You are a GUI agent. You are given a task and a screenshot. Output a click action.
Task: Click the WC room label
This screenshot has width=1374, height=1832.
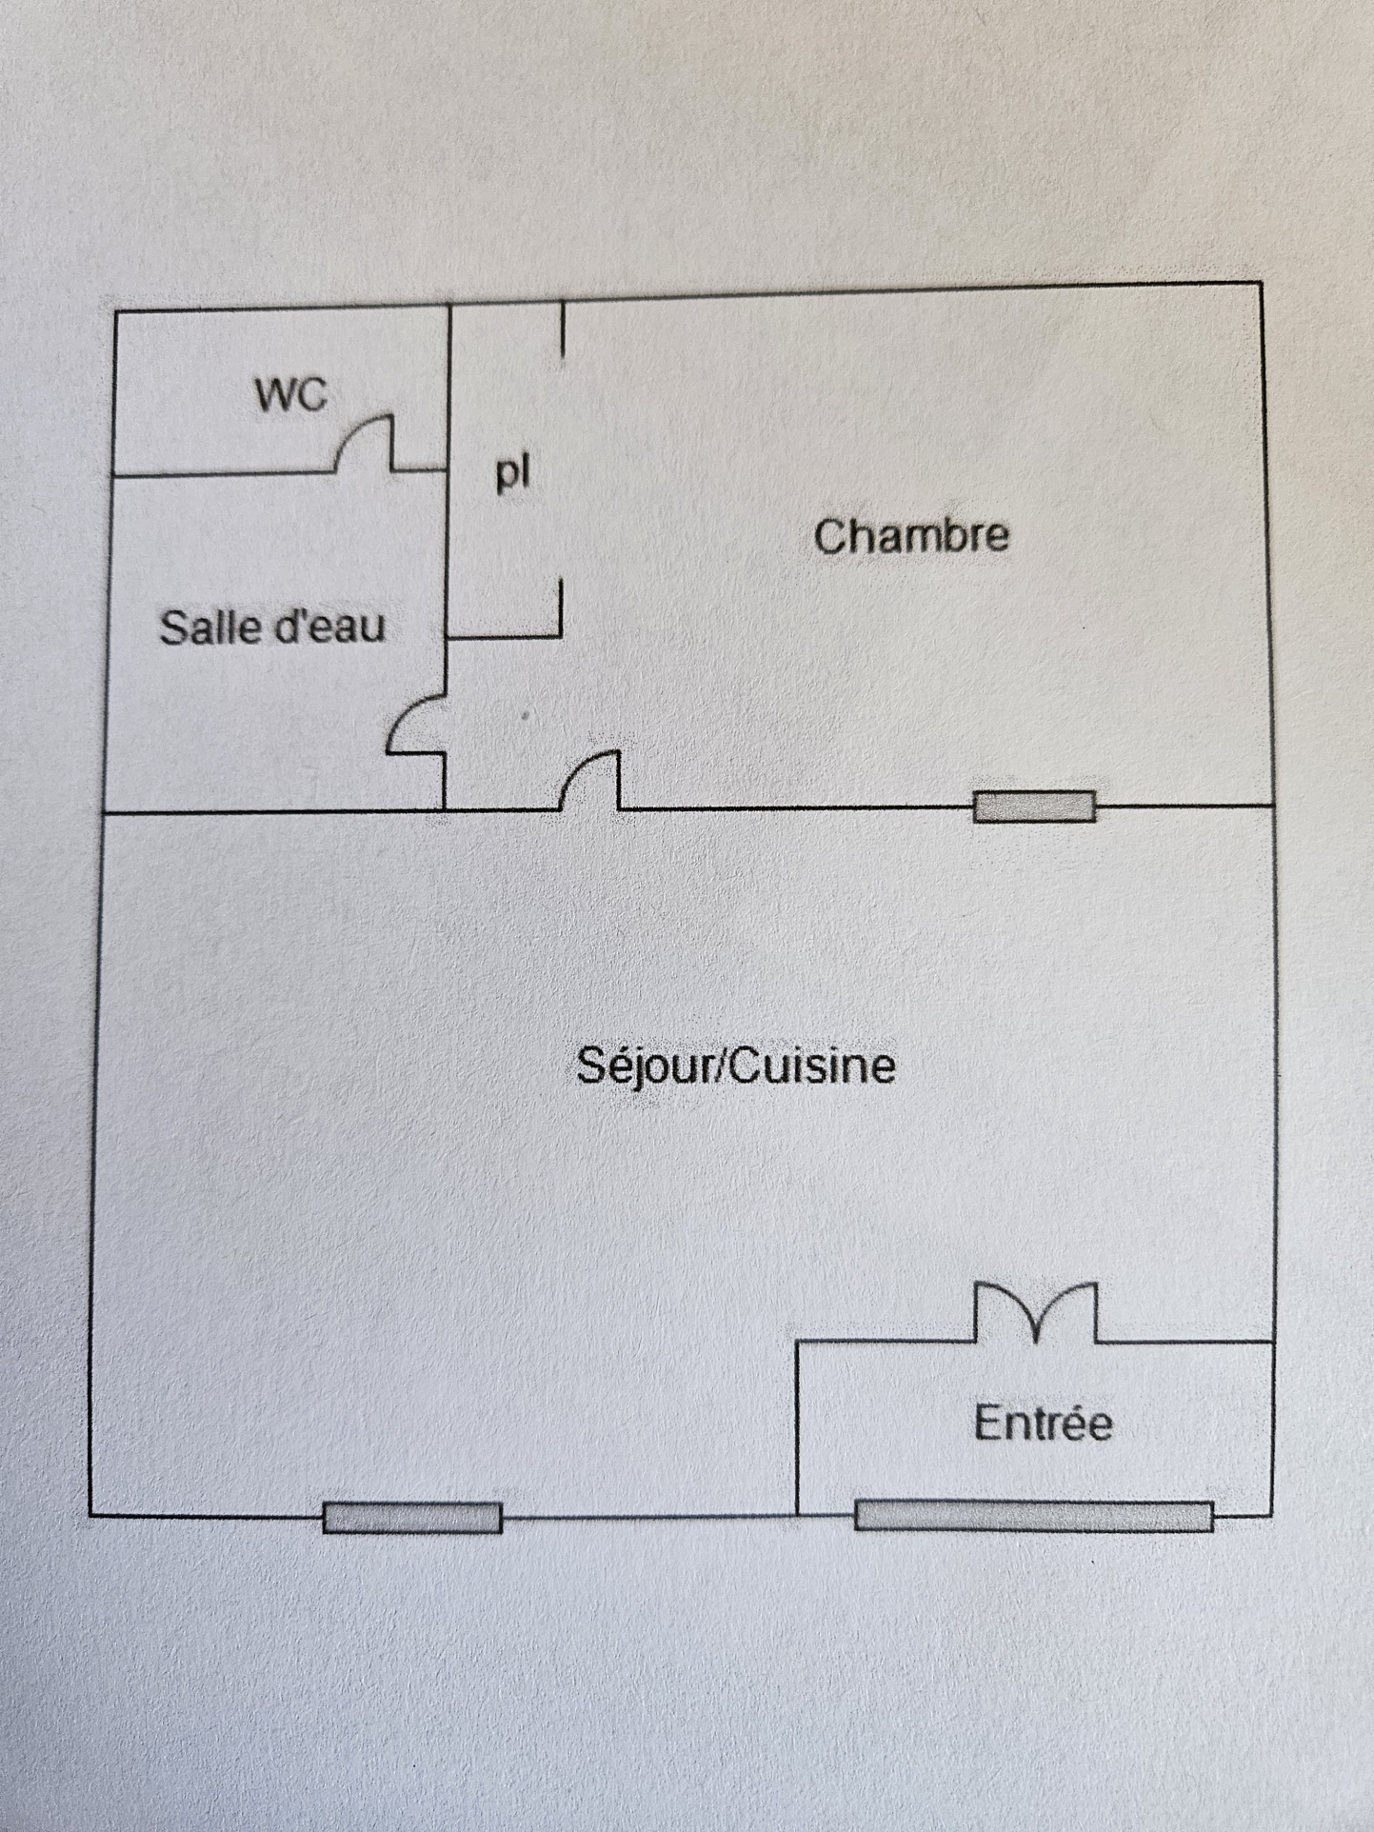pyautogui.click(x=291, y=394)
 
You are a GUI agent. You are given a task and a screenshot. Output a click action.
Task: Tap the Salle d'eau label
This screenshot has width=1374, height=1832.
pyautogui.click(x=272, y=627)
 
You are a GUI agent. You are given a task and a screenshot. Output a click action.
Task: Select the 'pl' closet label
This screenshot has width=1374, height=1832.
pyautogui.click(x=512, y=472)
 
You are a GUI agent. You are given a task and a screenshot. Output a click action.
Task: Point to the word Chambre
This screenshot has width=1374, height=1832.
pyautogui.click(x=911, y=536)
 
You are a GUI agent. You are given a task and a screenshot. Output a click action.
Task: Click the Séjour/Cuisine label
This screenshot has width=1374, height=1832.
pyautogui.click(x=735, y=1065)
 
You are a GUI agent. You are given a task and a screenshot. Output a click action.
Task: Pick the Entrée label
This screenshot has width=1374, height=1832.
pyautogui.click(x=1043, y=1424)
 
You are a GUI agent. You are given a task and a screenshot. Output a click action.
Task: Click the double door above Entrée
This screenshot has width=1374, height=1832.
pyautogui.click(x=1036, y=1311)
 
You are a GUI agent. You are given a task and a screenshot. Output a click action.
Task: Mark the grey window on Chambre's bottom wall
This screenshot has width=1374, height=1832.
pyautogui.click(x=1034, y=806)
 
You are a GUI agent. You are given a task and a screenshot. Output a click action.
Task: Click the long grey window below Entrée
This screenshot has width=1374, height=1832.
pyautogui.click(x=1033, y=1515)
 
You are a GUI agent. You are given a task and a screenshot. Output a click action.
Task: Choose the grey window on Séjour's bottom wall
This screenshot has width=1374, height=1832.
pyautogui.click(x=412, y=1518)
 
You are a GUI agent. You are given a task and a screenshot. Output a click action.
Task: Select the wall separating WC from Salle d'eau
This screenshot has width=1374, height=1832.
pyautogui.click(x=219, y=472)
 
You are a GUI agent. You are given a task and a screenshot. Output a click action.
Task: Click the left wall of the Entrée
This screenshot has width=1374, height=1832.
pyautogui.click(x=797, y=1428)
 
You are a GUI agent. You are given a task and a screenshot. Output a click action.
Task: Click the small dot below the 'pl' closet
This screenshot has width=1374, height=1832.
pyautogui.click(x=525, y=715)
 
